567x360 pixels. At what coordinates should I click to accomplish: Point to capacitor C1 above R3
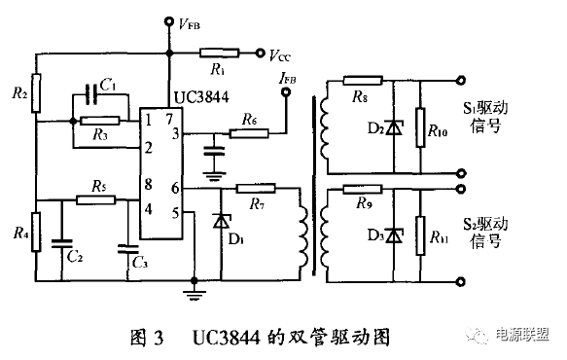[x=95, y=94]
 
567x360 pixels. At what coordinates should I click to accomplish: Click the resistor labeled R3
[x=100, y=122]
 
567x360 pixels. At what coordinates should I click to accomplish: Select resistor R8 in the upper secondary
[x=361, y=83]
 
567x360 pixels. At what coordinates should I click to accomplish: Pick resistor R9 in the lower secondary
[x=362, y=192]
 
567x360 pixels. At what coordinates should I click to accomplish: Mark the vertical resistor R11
[x=419, y=234]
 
